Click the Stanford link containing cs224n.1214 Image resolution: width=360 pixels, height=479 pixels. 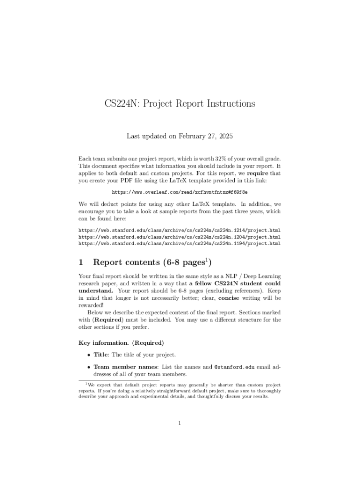pos(180,231)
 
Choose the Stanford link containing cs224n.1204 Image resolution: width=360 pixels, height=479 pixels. pos(180,237)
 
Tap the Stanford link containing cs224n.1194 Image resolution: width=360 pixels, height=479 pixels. pos(180,244)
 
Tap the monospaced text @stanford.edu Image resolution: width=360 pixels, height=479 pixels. pos(234,367)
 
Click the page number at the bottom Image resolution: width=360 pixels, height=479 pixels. pos(180,424)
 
